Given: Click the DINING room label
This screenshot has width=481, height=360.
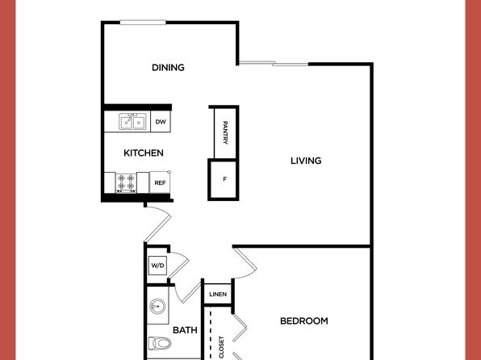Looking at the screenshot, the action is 168,68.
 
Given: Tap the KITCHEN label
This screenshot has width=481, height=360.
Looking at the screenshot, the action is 144,153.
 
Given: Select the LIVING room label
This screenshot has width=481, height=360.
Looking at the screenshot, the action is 306,161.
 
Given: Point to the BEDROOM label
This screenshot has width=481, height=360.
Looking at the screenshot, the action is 304,321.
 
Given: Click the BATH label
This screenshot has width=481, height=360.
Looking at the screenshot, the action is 185,330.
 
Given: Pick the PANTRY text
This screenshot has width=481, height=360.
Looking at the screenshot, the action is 225,133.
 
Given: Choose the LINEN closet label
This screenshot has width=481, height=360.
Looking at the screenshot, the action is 218,295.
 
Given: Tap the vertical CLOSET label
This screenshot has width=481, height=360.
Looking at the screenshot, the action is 221,347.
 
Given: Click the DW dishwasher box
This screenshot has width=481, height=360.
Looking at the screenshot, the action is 161,122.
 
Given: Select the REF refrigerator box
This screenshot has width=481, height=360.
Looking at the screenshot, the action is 160,182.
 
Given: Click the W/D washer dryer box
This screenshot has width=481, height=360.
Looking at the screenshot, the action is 157,266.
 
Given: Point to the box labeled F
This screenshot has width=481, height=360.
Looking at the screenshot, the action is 224,179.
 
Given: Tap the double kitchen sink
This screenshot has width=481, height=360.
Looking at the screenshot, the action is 132,122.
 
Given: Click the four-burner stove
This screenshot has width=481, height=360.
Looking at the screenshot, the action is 126,183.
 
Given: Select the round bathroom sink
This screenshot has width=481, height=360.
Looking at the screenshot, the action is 157,306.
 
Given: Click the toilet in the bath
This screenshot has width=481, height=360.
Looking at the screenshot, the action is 160,343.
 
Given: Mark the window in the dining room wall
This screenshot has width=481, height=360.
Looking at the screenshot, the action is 143,23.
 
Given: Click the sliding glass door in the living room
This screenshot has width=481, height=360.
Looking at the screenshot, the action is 274,64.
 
